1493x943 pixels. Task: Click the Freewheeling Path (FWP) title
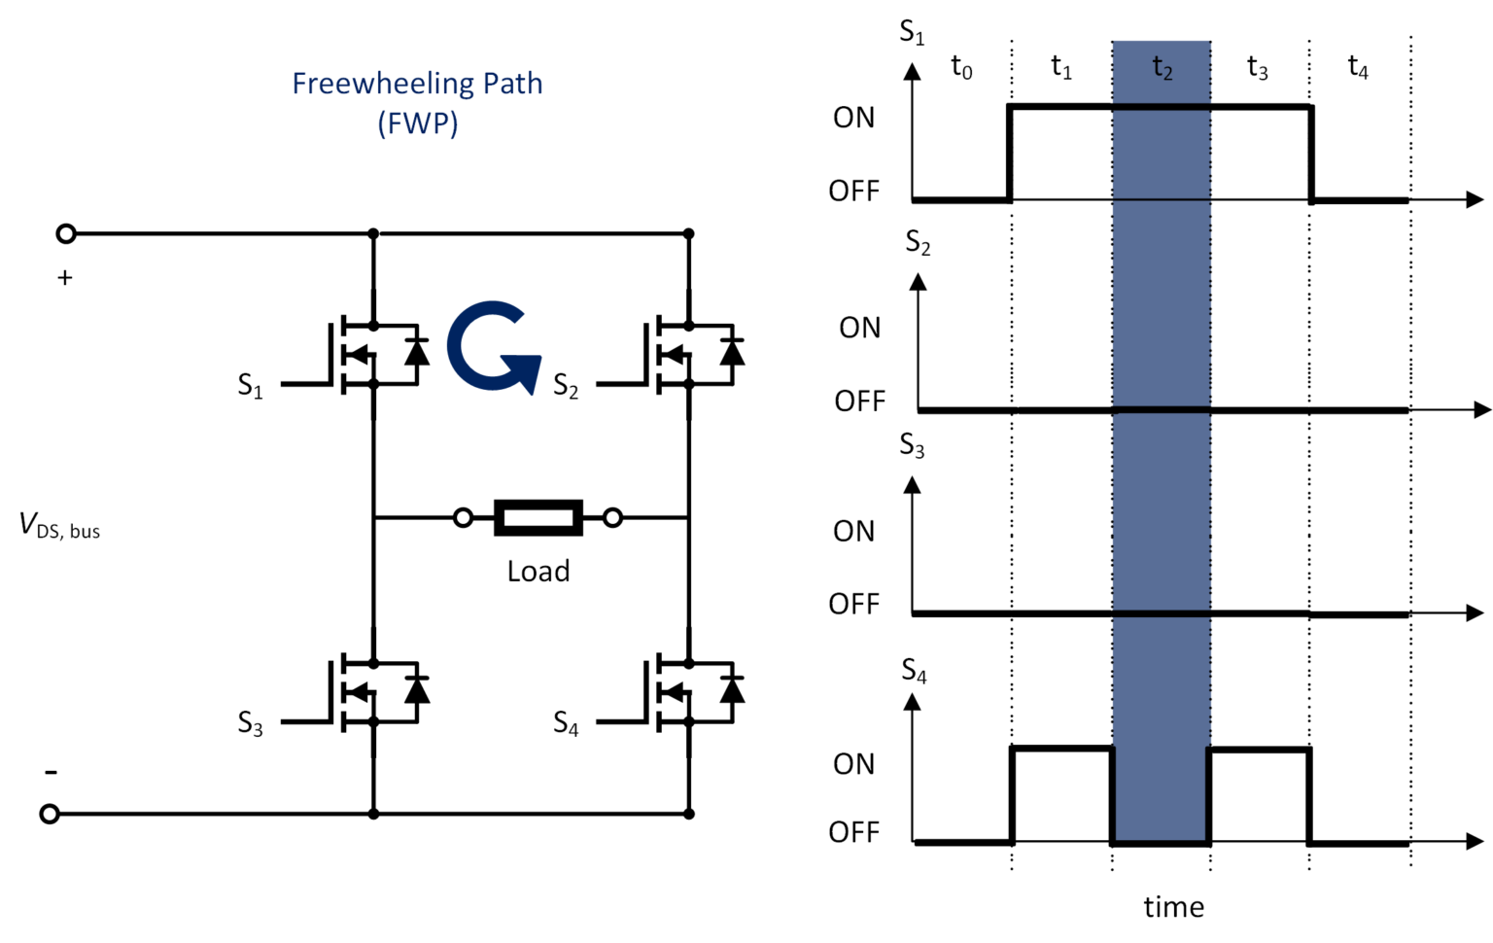pos(417,102)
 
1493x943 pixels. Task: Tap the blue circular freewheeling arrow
pos(491,347)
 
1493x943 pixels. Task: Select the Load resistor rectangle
pos(538,518)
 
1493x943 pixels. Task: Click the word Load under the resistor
pos(538,572)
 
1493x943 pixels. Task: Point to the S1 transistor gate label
pos(250,386)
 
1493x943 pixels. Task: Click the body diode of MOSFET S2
pos(732,352)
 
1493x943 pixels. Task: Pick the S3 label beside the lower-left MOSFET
pos(250,723)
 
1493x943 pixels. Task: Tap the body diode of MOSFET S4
pos(732,689)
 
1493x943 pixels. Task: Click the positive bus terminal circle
pos(66,233)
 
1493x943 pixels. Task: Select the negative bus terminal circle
pos(50,814)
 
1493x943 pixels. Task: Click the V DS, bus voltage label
pos(59,526)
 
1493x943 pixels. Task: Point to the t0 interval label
pos(961,67)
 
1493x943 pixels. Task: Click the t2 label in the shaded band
pos(1163,67)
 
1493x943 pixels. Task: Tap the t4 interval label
pos(1358,67)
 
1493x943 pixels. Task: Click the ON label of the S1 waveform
pos(853,118)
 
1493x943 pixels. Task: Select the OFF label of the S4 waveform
pos(853,832)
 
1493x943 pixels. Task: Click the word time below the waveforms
pos(1173,907)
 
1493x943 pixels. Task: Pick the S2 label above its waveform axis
pos(918,242)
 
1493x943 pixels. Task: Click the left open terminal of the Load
pos(464,518)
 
